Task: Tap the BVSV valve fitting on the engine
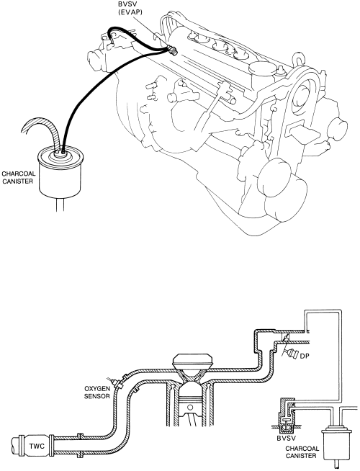172,50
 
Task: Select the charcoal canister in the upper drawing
61,173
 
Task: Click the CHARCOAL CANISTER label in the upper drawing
18,177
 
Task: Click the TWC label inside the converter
37,446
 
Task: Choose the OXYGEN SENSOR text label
96,392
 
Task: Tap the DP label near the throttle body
304,356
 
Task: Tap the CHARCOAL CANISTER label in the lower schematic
302,452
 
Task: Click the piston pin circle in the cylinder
189,408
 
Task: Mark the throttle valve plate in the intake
285,338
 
